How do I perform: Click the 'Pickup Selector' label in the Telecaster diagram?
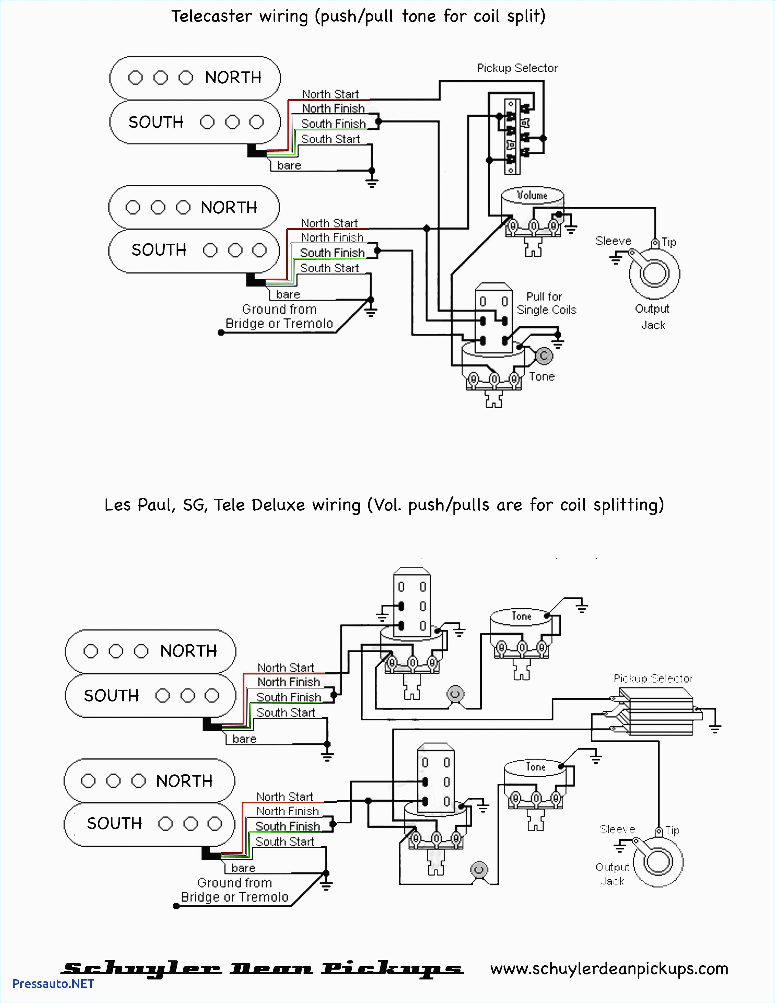[x=517, y=68]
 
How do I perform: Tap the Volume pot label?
[x=532, y=195]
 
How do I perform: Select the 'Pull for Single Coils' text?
[x=546, y=303]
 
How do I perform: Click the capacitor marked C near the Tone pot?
[x=544, y=356]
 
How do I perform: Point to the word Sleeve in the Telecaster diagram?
[x=613, y=241]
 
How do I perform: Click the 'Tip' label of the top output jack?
[x=669, y=242]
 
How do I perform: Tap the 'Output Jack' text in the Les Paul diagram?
[x=612, y=874]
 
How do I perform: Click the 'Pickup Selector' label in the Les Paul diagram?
[x=653, y=678]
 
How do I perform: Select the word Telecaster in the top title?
[x=211, y=16]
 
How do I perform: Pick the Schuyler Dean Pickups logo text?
[x=262, y=969]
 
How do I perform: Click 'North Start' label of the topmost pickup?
[x=330, y=94]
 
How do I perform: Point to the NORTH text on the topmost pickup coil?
[x=233, y=78]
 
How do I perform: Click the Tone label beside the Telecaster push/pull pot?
[x=542, y=377]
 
